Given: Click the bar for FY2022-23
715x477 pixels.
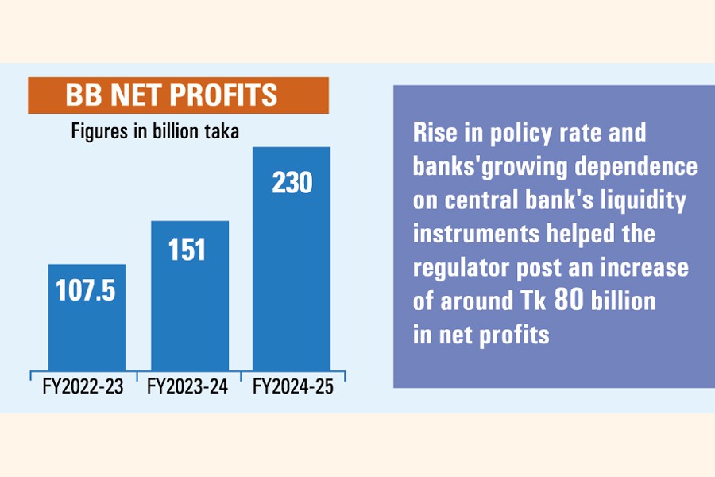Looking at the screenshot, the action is click(x=87, y=318).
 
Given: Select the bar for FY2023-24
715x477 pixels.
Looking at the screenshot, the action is click(x=190, y=297).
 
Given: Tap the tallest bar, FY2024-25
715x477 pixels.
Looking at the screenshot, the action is click(x=292, y=259).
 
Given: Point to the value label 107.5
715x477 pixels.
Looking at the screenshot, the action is click(x=86, y=290).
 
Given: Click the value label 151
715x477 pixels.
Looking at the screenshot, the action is click(x=187, y=250).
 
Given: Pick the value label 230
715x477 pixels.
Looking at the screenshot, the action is click(x=292, y=183).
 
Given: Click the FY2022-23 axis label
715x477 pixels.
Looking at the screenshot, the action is click(x=83, y=386).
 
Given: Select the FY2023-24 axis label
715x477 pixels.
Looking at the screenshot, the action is click(x=187, y=386).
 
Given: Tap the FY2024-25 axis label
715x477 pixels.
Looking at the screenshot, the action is click(x=293, y=386).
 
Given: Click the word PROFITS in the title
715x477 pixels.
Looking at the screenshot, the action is click(x=223, y=95).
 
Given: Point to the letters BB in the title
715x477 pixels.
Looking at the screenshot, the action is click(x=83, y=95).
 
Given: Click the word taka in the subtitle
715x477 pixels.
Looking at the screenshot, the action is click(x=222, y=131).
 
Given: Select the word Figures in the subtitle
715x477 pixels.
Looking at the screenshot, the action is click(x=100, y=132).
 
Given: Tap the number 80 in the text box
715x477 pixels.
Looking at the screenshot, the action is click(x=570, y=300).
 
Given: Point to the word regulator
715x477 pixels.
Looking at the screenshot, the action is click(x=461, y=268).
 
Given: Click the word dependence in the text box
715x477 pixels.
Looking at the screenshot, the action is click(x=636, y=166).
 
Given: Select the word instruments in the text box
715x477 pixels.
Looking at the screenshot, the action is click(x=477, y=234).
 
